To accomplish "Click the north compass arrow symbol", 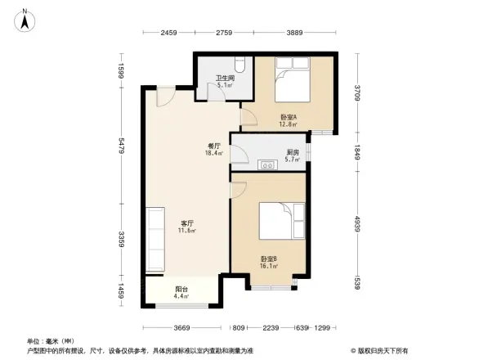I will coord(26,18).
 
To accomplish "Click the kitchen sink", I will coord(267,165).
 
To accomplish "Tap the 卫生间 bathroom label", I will coord(224,79).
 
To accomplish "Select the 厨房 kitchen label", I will coord(293,152).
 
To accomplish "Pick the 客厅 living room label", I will coord(187,223).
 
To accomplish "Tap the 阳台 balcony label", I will coord(181,289).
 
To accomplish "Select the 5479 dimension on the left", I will coord(120,146).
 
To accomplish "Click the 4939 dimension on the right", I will coord(356,223).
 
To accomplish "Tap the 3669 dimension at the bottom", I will coord(181,327).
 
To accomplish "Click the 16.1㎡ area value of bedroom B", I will coord(269,265).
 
